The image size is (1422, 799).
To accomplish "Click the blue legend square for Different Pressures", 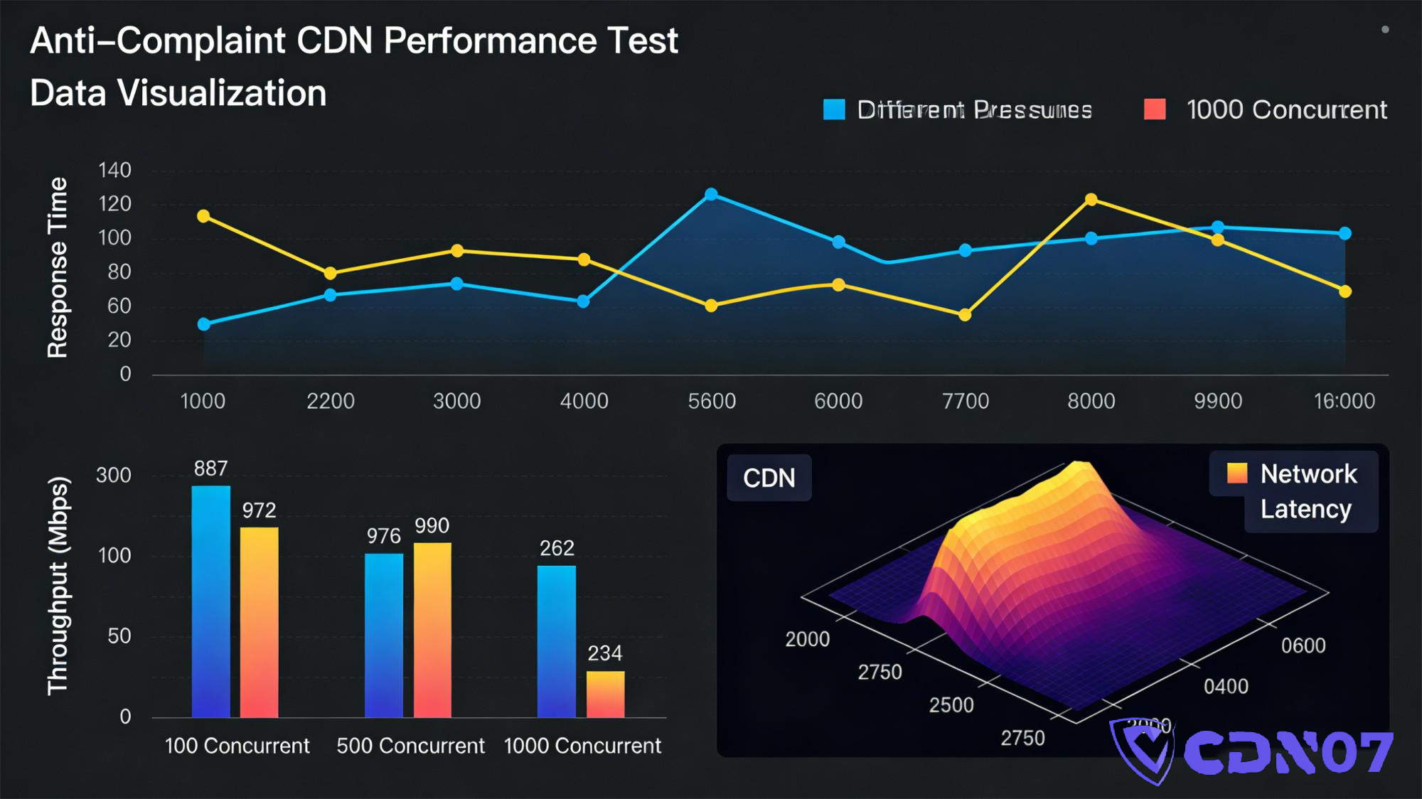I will coord(834,109).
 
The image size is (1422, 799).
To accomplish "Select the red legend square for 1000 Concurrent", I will coord(1155,109).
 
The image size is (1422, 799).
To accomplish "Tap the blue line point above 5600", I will coord(711,194).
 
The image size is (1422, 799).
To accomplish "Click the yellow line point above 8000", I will coord(1091,200).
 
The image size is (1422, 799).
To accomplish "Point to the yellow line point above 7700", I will coord(965,315).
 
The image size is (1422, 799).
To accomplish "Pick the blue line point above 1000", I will coord(204,324).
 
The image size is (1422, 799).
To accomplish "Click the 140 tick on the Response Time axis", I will coord(115,171).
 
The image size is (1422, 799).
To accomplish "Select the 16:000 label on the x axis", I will coord(1344,401).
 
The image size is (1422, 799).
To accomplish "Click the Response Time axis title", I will coord(57,267).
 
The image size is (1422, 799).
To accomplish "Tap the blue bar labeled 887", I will coord(211,601).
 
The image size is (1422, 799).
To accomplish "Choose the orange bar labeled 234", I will coord(605,694).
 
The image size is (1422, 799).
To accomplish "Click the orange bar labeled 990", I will coord(432,629).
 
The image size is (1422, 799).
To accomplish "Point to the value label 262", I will coord(557,548).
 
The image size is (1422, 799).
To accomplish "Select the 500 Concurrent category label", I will coord(410,746).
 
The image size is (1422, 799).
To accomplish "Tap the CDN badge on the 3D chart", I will coord(769,478).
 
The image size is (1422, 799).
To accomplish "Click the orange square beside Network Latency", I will coord(1237,473).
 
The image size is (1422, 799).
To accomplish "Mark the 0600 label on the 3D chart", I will coord(1303,645).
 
